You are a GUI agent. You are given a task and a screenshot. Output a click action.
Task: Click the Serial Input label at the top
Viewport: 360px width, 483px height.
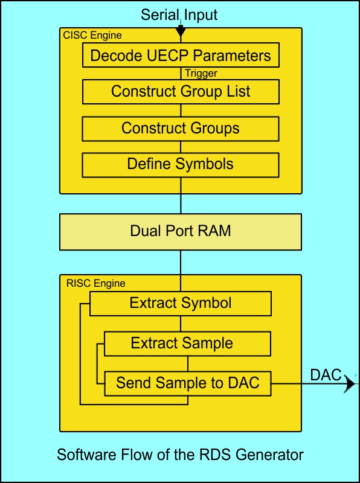(x=179, y=14)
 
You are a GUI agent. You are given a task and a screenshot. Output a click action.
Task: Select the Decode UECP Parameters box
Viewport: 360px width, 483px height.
(x=181, y=56)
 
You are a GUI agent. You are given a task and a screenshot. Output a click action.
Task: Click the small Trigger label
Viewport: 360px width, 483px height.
(x=201, y=74)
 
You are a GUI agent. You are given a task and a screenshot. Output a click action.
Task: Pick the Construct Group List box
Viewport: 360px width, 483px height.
(x=181, y=92)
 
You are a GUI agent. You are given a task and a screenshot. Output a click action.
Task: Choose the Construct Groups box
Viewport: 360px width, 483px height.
(x=181, y=128)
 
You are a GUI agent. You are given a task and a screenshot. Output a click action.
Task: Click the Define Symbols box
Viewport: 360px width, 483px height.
(x=181, y=164)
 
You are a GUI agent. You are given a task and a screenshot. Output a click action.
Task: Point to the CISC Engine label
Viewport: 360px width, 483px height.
(x=92, y=36)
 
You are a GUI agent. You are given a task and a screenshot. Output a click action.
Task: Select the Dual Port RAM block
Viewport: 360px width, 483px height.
(x=181, y=231)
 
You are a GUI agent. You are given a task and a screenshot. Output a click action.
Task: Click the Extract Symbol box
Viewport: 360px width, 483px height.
(x=181, y=302)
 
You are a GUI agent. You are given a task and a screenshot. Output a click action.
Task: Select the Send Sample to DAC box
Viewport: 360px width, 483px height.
(x=187, y=383)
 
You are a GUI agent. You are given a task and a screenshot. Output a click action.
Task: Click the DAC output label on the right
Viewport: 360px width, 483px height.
(x=326, y=374)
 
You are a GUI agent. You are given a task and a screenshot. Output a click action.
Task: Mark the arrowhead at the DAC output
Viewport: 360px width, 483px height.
(x=350, y=383)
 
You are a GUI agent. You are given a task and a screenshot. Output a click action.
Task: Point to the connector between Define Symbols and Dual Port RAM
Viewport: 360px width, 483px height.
(x=181, y=194)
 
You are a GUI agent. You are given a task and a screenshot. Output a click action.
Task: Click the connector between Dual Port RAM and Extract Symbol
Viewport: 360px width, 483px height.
(x=181, y=262)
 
